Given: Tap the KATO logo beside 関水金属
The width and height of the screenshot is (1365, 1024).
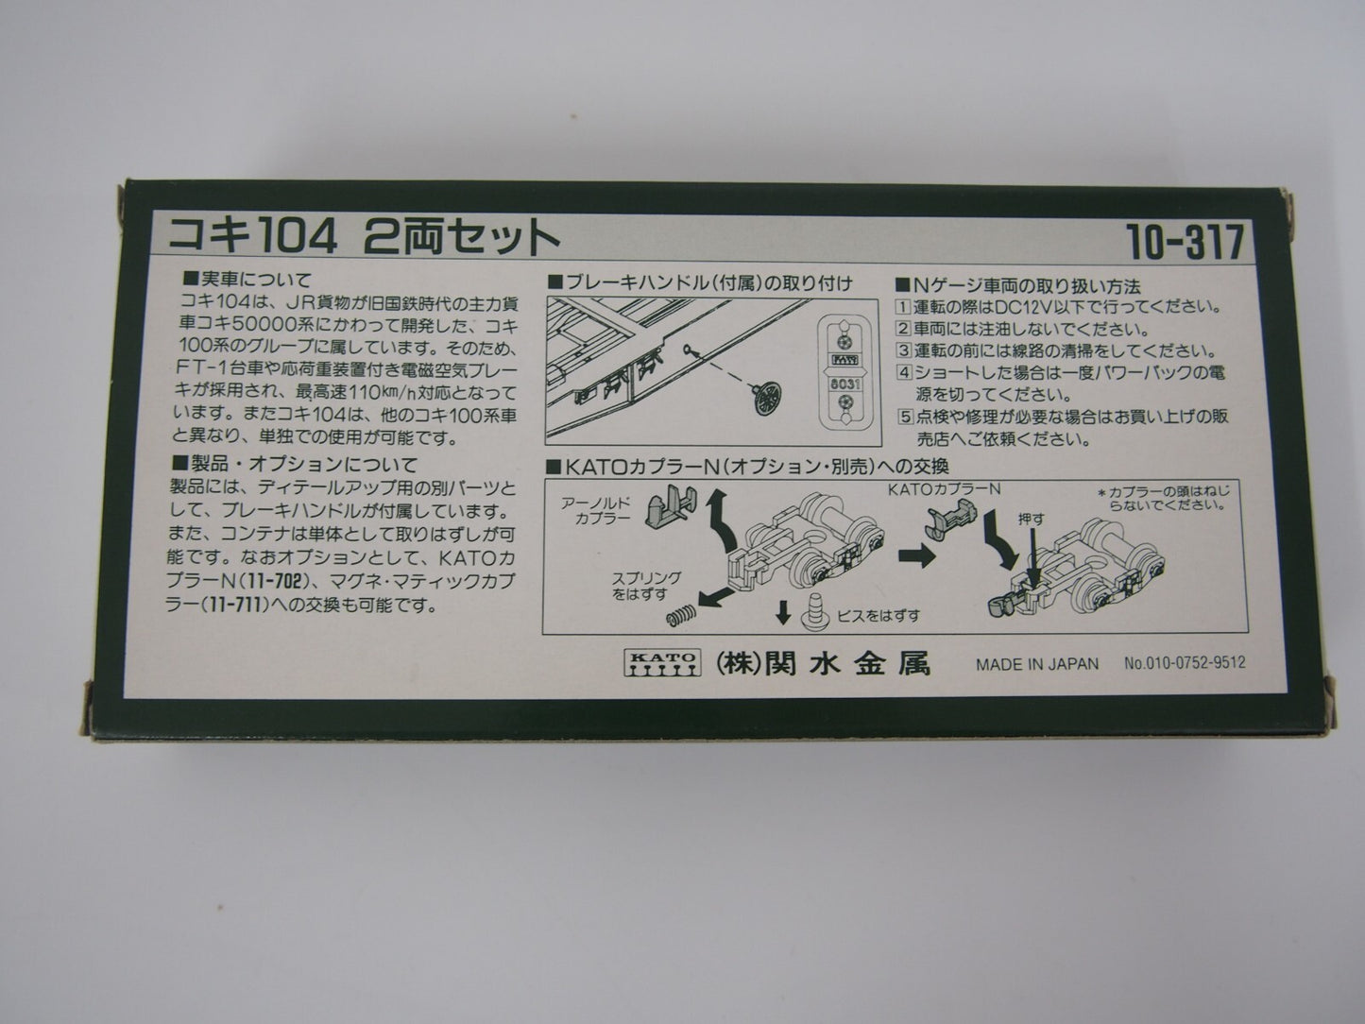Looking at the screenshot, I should [661, 663].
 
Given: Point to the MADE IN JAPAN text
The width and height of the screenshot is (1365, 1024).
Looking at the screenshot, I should [1036, 664].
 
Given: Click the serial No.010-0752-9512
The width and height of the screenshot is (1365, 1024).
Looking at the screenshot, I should [1184, 663].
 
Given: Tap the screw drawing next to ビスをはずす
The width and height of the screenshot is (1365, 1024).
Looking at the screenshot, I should [811, 614].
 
